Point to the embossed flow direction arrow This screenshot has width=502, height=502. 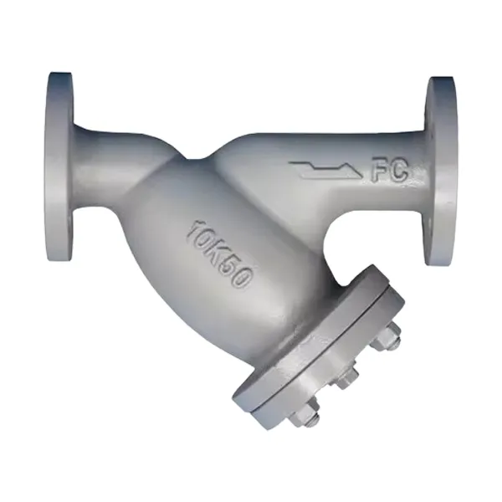tap(325, 169)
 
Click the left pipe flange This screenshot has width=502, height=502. tap(60, 166)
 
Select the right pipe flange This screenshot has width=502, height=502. tap(441, 172)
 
